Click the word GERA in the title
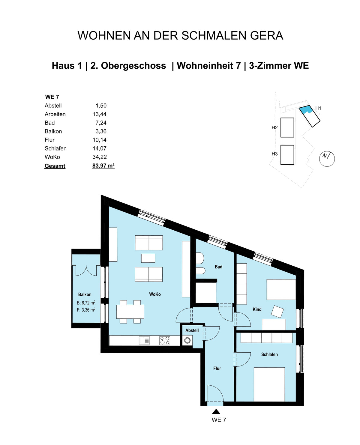click(x=266, y=35)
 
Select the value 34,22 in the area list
click(x=100, y=157)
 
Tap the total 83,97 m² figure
click(x=103, y=166)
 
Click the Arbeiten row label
click(x=55, y=114)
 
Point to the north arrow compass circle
click(x=327, y=159)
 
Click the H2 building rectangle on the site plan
click(x=287, y=127)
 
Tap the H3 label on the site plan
click(x=274, y=154)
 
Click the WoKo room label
click(x=155, y=294)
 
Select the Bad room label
click(x=218, y=267)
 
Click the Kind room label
click(x=257, y=309)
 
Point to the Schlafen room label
click(x=269, y=354)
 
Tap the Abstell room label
click(x=192, y=330)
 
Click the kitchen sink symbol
click(x=144, y=341)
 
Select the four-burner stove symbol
click(x=165, y=341)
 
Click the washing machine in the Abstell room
click(x=187, y=341)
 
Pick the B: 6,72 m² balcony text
click(x=86, y=303)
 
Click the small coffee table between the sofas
click(x=148, y=258)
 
